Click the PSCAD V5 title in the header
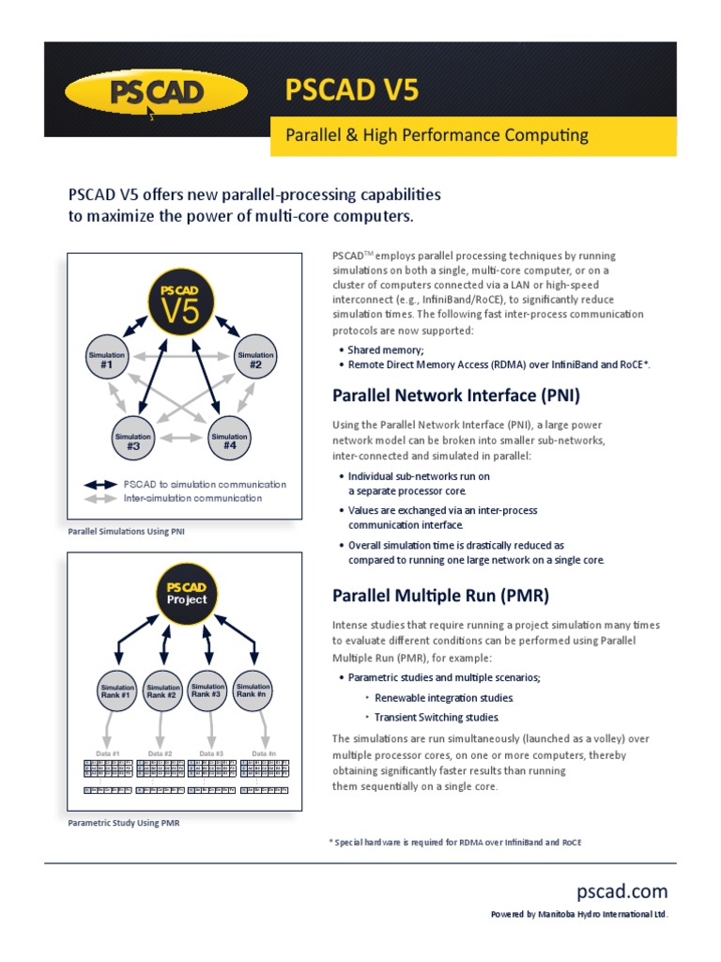coord(352,90)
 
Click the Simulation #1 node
coord(109,358)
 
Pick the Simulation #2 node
coord(255,358)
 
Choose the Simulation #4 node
coord(229,439)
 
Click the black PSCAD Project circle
coord(186,592)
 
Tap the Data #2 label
coord(161,753)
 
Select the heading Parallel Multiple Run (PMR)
coord(441,596)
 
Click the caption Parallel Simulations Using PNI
coord(126,532)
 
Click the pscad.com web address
coord(622,891)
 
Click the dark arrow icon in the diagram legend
coord(100,485)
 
